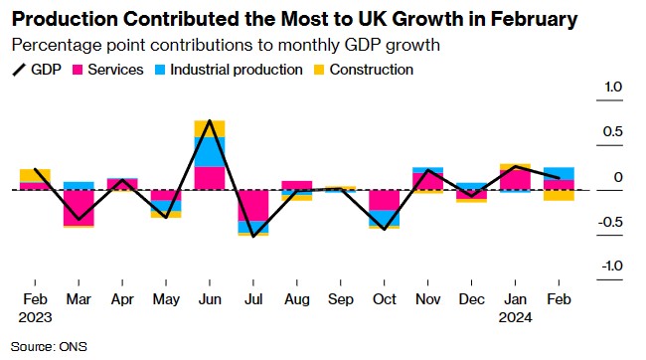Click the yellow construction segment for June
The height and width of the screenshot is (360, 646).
point(210,128)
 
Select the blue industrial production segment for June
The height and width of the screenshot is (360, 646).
point(210,152)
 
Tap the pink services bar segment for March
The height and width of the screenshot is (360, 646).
point(79,208)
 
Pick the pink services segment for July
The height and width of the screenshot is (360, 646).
point(253,206)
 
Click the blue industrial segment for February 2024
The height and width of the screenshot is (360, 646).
point(560,174)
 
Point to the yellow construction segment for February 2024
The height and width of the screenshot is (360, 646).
point(560,196)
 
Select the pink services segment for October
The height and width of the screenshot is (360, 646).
point(385,200)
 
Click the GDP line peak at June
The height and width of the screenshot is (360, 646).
point(210,120)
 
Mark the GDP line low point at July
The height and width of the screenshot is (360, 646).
point(253,237)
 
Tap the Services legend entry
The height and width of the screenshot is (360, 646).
point(108,70)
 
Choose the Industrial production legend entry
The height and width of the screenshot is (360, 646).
point(229,70)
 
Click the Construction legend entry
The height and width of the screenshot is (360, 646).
point(364,70)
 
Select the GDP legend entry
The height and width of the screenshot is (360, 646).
point(37,70)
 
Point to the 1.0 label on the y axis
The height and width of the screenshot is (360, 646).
point(613,87)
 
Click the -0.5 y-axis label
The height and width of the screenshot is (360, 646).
point(610,223)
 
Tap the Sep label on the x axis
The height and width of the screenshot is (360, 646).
point(341,299)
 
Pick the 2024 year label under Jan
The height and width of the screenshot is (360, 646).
point(516,317)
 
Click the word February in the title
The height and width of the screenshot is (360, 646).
point(534,19)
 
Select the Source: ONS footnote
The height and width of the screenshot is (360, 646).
point(49,347)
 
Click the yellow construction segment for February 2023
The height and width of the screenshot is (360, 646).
point(35,175)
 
